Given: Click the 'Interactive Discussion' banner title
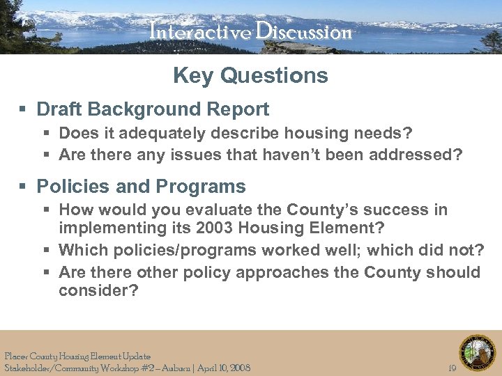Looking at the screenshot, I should coord(250,32).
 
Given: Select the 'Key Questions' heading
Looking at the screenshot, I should coord(250,75).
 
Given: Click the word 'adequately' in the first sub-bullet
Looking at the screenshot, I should coord(161,133).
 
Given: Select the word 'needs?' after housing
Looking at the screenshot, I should coord(387,133).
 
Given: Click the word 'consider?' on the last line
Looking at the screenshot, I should coord(98,290).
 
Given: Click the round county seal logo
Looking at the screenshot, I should coord(478,352).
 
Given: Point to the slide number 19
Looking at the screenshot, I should coord(452,368).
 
